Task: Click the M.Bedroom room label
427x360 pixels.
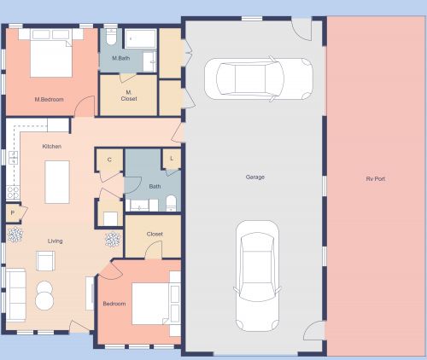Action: tap(51, 100)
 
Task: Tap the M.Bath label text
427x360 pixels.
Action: tap(120, 58)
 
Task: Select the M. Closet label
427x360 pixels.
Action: tap(129, 95)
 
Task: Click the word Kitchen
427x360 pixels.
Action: tap(52, 147)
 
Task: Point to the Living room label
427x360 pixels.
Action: tap(55, 241)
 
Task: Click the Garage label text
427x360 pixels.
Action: tap(254, 177)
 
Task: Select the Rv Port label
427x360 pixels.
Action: tap(377, 178)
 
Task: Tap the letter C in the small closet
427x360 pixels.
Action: tap(109, 160)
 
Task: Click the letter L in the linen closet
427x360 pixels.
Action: tap(172, 159)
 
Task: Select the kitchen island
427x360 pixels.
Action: tap(56, 181)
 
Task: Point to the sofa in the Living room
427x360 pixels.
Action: tap(17, 292)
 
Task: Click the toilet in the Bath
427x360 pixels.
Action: tap(171, 202)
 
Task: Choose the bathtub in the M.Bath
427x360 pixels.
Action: tap(142, 39)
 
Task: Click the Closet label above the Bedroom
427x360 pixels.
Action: tap(155, 233)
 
